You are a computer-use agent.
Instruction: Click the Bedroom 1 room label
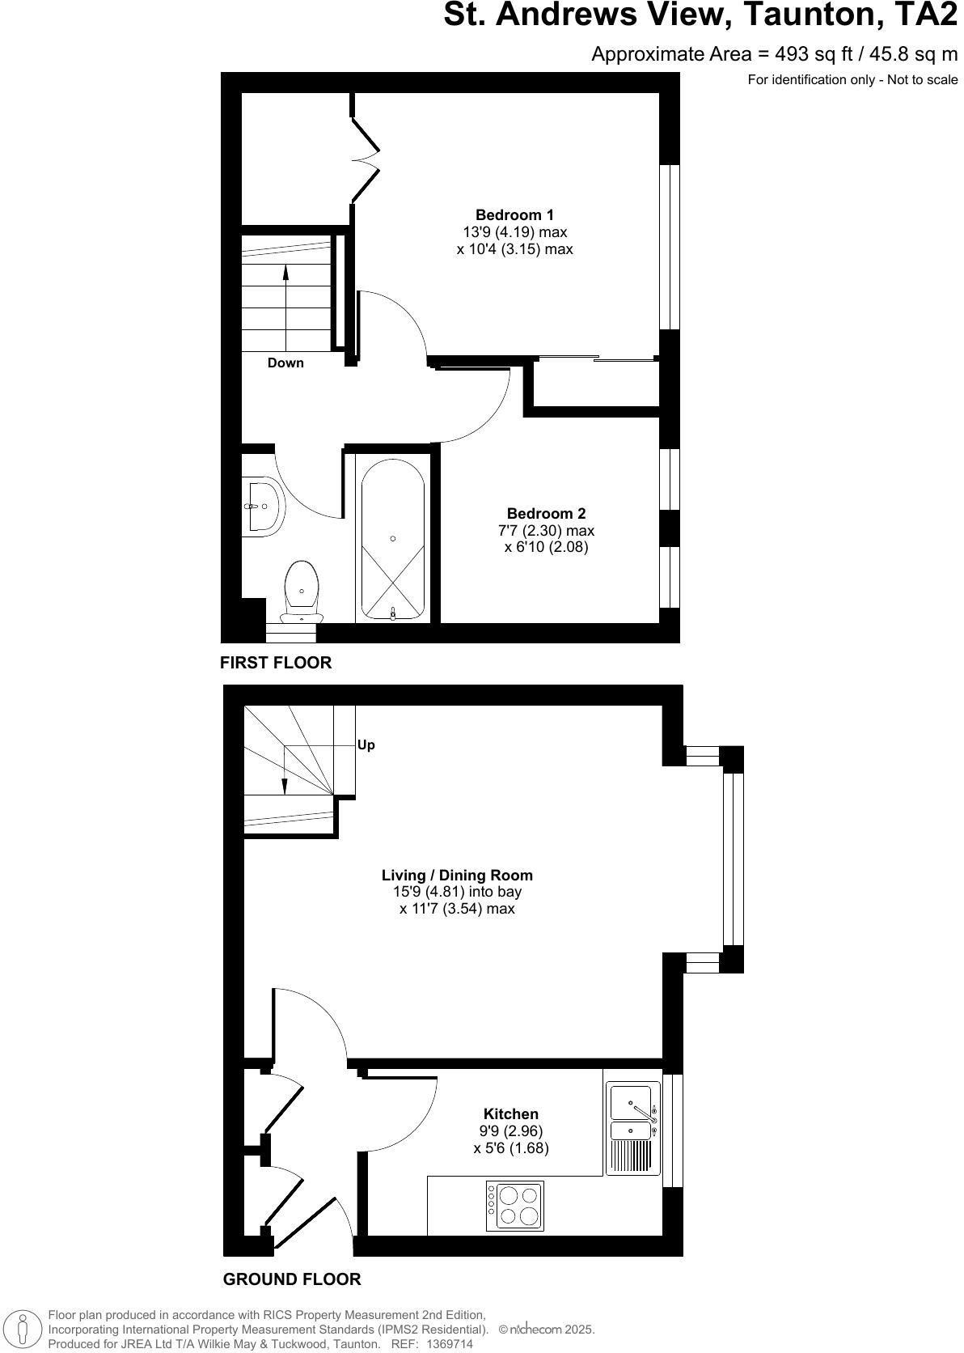click(514, 215)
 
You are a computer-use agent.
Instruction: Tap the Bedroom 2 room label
click(546, 514)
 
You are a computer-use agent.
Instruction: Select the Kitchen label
click(510, 1114)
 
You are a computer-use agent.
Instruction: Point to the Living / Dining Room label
click(457, 875)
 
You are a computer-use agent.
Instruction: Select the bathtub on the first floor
click(392, 540)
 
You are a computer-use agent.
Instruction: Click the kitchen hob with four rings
click(515, 1206)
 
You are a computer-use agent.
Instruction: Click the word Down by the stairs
click(285, 363)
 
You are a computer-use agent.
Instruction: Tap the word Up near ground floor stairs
click(366, 745)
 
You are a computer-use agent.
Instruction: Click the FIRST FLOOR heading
click(276, 663)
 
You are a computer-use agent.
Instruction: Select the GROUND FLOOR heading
click(292, 1279)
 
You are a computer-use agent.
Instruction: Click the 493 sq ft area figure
click(798, 54)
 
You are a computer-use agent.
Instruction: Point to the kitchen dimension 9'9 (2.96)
click(510, 1131)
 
